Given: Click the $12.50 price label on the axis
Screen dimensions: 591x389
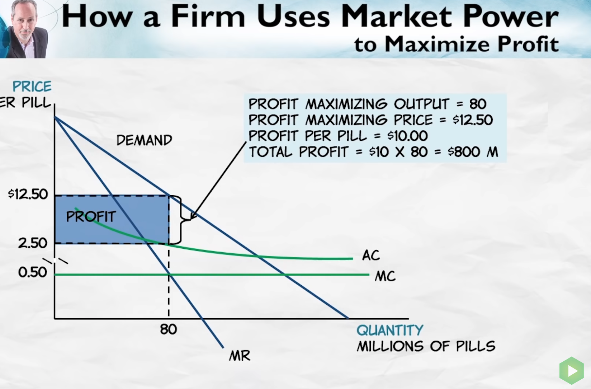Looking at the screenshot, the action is (28, 194).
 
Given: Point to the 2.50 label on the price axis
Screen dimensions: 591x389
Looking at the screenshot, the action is (33, 243).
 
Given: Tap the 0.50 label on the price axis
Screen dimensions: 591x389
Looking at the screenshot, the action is (33, 272).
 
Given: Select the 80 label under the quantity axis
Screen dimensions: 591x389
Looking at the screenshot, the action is (168, 329).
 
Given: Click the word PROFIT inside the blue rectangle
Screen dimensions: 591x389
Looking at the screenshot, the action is (91, 216).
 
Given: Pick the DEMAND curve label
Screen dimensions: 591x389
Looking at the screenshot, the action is (144, 140).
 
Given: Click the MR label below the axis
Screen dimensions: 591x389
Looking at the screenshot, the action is (240, 356).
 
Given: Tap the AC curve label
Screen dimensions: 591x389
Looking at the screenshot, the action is (371, 256).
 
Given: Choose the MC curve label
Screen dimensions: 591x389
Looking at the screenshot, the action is (385, 277).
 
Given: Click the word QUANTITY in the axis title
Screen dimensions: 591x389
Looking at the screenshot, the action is (390, 330).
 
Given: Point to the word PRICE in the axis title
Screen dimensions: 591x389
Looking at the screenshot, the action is (32, 86).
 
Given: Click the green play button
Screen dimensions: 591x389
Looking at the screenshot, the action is (572, 370).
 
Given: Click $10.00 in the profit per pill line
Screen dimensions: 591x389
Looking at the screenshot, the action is (407, 136).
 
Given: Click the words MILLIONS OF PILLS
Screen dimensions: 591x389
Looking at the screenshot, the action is (426, 346).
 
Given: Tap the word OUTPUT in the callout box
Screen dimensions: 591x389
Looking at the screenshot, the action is (421, 104).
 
